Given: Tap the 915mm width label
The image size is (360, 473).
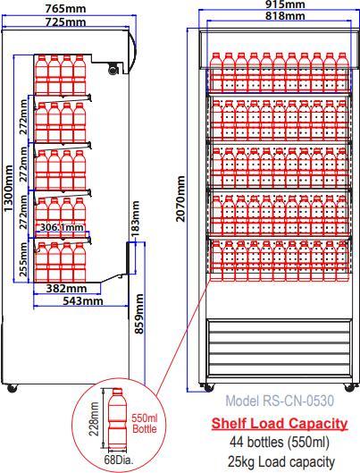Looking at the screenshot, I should click(285, 4).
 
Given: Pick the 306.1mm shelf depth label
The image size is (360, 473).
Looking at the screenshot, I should click(62, 228).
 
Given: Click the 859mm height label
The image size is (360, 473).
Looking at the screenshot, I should click(140, 315).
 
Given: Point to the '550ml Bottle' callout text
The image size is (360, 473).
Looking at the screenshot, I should click(144, 423).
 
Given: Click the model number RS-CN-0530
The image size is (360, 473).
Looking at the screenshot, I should click(279, 401).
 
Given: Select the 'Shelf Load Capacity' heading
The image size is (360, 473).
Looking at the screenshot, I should click(279, 423).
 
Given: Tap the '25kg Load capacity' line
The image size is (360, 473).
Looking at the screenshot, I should click(279, 461).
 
